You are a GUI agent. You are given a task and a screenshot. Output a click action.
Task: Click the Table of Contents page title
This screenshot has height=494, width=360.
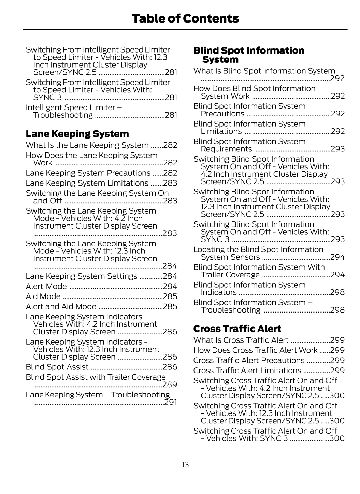[x=185, y=18]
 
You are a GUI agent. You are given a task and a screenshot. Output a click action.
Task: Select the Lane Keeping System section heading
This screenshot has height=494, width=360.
[x=77, y=134]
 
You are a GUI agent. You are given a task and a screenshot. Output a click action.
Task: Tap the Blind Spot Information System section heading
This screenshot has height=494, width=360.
[x=249, y=55]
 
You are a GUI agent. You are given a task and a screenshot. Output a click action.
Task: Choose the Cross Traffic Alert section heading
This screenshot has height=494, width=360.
[x=237, y=329]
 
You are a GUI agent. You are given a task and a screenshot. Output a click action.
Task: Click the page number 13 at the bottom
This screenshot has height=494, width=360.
[x=185, y=465]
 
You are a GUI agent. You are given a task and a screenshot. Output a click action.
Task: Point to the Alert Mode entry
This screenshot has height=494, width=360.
[x=46, y=286]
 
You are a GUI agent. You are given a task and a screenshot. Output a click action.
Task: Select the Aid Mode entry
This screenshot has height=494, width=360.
[x=43, y=296]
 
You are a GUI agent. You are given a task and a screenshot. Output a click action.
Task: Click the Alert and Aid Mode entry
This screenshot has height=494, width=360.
[x=61, y=306]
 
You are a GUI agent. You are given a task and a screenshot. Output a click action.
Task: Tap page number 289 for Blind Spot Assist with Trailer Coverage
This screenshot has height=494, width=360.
[x=170, y=384]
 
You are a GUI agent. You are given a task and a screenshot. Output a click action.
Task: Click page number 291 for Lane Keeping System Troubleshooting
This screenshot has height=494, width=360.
[x=171, y=402]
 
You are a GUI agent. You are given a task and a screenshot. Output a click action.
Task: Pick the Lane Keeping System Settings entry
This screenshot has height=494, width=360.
[x=82, y=276]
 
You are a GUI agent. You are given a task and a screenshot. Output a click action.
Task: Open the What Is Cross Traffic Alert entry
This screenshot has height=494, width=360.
[x=241, y=340]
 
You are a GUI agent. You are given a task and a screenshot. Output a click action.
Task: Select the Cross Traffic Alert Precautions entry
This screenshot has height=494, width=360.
[x=249, y=360]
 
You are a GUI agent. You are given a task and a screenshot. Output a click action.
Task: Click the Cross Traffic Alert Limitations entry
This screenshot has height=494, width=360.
[x=247, y=370]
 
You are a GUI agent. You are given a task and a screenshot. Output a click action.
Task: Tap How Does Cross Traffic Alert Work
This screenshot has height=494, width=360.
[x=255, y=350]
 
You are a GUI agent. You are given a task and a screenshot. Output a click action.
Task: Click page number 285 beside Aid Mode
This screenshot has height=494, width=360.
[x=170, y=296]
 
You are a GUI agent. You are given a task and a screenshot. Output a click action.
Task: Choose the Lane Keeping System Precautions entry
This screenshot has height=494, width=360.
[x=88, y=173]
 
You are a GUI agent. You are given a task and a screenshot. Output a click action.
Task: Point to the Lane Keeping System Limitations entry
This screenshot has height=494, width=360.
[x=87, y=183]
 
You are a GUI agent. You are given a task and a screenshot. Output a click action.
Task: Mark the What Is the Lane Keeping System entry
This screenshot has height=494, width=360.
[x=87, y=145]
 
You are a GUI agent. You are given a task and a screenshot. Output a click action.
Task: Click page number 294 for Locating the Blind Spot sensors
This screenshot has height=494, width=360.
[x=337, y=257]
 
